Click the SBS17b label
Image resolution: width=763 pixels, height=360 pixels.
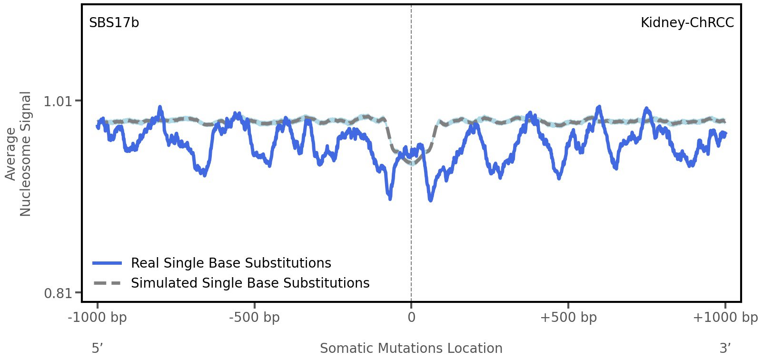[x=114, y=23]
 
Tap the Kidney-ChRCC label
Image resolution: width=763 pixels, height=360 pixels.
[x=687, y=23]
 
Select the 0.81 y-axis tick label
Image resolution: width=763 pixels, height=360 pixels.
[x=57, y=293]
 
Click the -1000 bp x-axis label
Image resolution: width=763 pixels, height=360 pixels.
[x=98, y=318]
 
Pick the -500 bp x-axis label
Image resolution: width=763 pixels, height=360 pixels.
[x=254, y=318]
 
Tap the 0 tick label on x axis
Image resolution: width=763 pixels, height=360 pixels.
[x=411, y=318]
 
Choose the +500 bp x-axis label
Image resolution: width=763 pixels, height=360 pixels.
[x=568, y=318]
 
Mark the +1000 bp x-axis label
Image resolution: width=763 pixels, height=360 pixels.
[x=725, y=318]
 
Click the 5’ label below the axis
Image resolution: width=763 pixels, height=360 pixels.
[x=97, y=348]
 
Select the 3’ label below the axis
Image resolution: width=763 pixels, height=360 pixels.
[x=725, y=348]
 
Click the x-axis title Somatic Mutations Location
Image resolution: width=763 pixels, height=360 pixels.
[x=411, y=348]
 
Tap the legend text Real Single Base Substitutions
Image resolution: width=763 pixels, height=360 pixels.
[x=231, y=263]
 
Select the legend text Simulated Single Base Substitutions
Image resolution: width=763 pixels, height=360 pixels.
[x=250, y=283]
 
